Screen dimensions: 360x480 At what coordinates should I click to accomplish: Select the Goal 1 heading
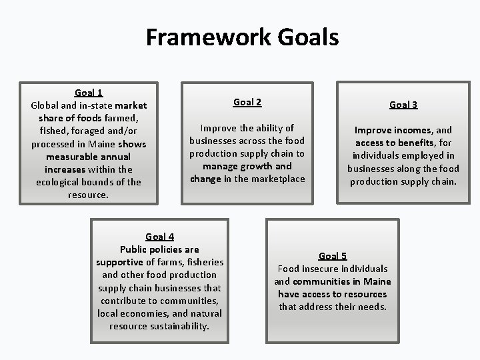click(89, 93)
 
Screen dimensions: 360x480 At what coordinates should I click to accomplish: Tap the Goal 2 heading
click(247, 102)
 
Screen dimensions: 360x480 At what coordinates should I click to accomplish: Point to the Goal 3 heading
click(403, 105)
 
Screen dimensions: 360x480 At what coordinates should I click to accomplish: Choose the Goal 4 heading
click(160, 236)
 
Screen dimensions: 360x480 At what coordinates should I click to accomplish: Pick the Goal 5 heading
click(333, 256)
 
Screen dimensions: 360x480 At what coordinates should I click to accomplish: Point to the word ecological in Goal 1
click(60, 182)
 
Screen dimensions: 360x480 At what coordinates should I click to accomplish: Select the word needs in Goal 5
click(371, 307)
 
